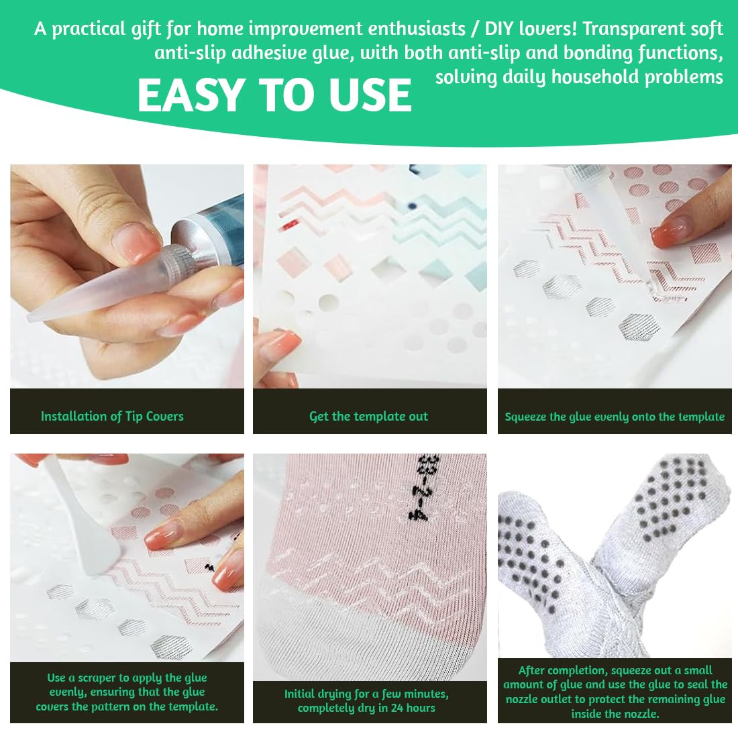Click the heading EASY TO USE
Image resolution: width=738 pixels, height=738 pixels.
(x=274, y=95)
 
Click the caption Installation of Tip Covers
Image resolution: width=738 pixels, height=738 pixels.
(x=112, y=416)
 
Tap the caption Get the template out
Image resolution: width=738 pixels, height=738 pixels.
(x=368, y=416)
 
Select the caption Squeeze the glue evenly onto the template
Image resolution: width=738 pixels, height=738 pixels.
(x=614, y=417)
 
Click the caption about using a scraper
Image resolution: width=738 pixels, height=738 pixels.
(x=127, y=692)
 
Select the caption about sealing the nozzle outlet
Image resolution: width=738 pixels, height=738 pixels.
(x=614, y=692)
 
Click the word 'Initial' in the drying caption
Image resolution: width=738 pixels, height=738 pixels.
(x=301, y=693)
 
